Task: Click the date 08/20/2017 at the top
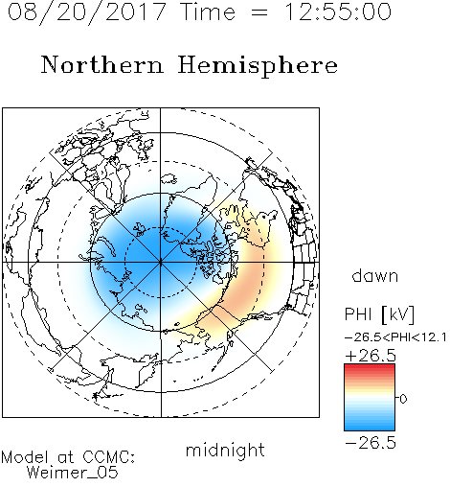[x=87, y=12]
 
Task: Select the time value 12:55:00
[x=338, y=12]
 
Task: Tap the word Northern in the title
[x=102, y=65]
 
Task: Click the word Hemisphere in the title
[x=258, y=66]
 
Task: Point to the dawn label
[x=375, y=275]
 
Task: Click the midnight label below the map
[x=225, y=450]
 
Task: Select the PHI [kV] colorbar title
[x=379, y=314]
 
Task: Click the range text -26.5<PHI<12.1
[x=395, y=337]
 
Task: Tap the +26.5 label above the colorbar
[x=371, y=356]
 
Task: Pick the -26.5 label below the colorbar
[x=371, y=443]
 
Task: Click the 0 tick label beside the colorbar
[x=403, y=399]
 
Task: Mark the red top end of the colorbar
[x=370, y=367]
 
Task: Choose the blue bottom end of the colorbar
[x=370, y=428]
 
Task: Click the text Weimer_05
[x=73, y=473]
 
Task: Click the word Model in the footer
[x=25, y=457]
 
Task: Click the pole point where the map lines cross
[x=161, y=263]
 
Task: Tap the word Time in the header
[x=208, y=12]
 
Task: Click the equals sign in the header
[x=259, y=12]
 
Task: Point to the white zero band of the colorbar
[x=370, y=398]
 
